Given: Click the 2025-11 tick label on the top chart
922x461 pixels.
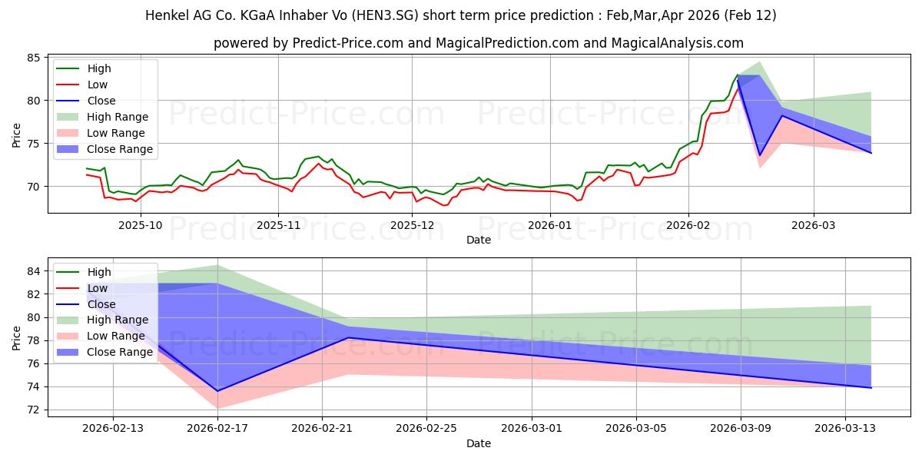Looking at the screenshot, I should click(278, 225).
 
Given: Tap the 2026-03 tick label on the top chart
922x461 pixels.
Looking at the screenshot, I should click(814, 225).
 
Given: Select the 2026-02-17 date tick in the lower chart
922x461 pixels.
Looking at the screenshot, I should click(217, 429).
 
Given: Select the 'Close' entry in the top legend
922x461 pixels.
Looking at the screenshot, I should click(101, 101).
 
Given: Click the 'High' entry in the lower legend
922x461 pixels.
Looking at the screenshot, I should click(99, 272).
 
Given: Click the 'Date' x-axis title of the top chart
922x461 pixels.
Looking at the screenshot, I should click(478, 240).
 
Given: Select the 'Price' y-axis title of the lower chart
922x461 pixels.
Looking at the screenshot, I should click(17, 337).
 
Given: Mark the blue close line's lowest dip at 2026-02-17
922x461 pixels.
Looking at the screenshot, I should click(217, 391).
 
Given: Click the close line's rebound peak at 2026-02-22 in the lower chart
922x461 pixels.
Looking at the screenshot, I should click(348, 338).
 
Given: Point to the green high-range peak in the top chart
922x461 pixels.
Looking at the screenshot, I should click(759, 62).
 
